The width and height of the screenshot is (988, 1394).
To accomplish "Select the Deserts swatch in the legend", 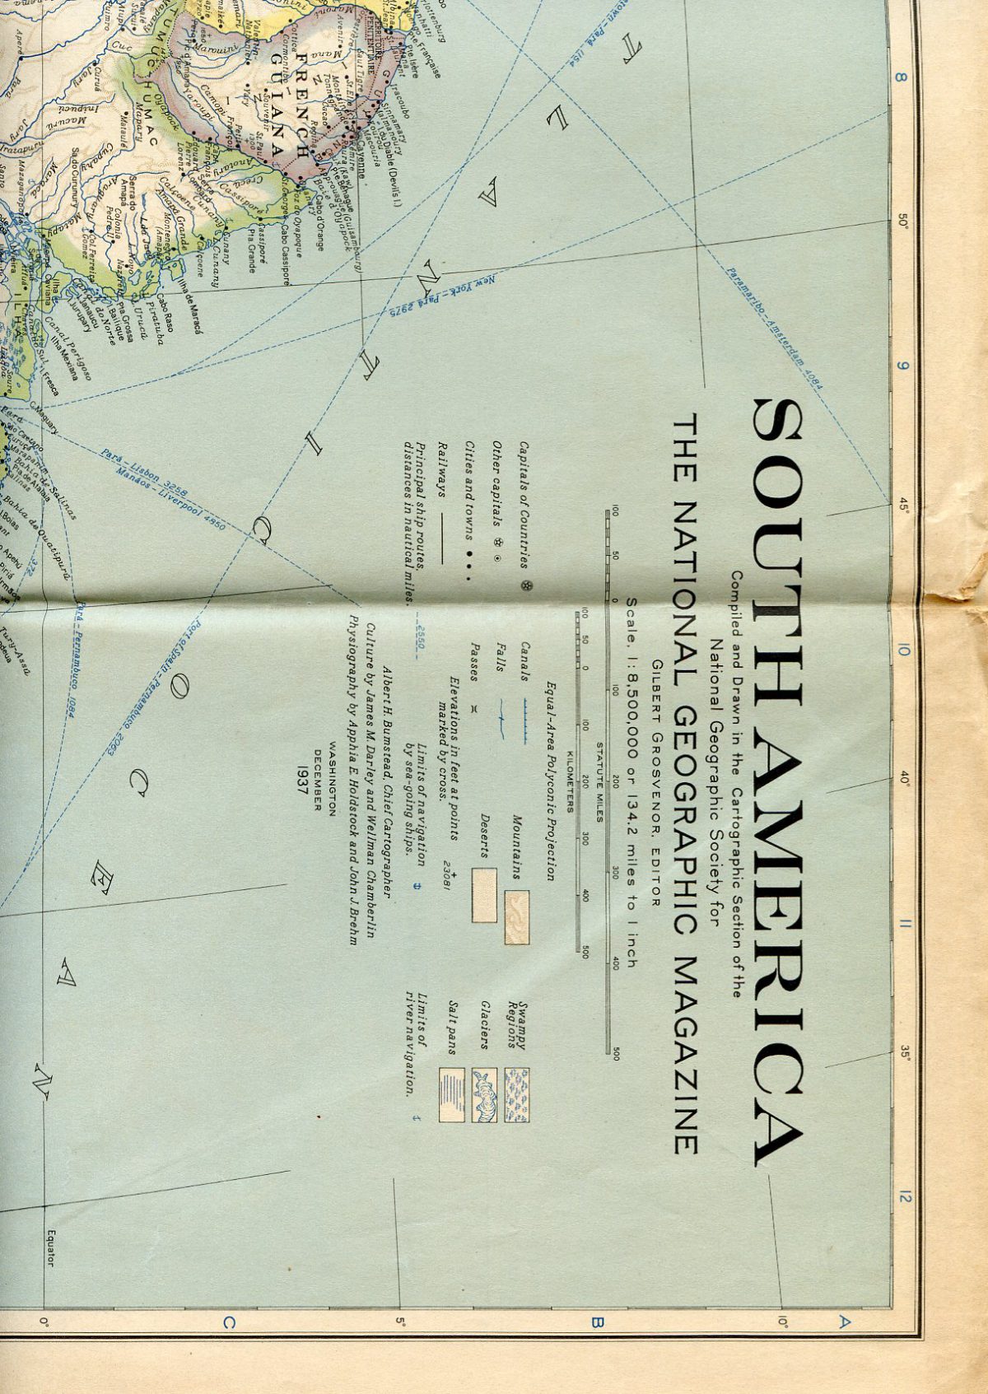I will coord(484,894).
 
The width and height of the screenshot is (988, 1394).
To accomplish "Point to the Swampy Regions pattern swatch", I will coord(516,1094).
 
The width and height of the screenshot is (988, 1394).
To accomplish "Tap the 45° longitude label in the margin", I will coord(903,504).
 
